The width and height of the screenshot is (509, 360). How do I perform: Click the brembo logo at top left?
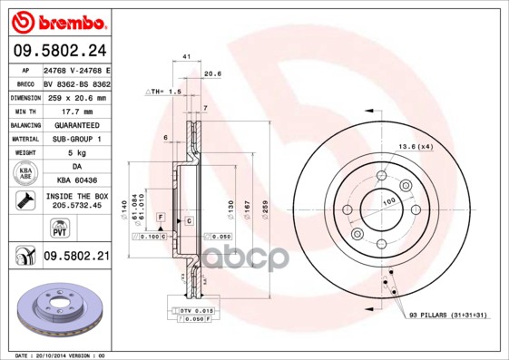tap(56, 20)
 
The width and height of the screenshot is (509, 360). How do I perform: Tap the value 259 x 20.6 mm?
tap(77, 97)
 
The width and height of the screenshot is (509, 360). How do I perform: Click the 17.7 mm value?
tap(77, 111)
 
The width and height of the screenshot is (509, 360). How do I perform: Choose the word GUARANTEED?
tap(77, 124)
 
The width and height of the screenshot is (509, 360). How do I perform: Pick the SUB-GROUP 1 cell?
tap(77, 139)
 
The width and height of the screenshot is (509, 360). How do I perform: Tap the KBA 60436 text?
tap(77, 180)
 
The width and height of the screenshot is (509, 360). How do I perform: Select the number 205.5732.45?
tap(77, 207)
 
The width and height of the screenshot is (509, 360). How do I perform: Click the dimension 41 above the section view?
tap(185, 57)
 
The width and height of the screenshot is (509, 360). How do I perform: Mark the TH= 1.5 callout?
tap(166, 92)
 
